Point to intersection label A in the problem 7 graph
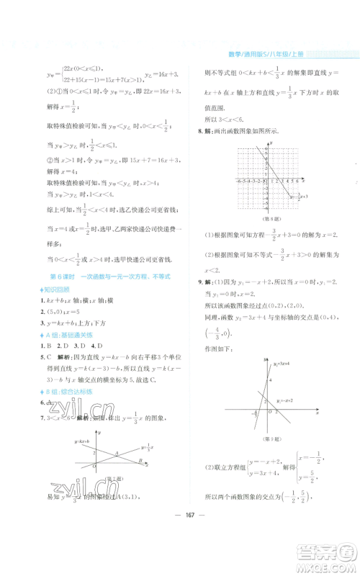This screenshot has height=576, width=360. [x=118, y=451]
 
